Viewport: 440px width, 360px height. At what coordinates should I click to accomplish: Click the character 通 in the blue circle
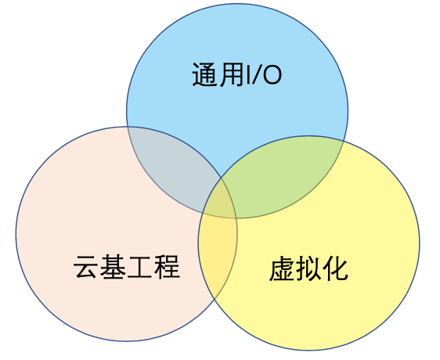point(204,74)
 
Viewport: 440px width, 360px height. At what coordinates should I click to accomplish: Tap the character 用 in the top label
point(231,74)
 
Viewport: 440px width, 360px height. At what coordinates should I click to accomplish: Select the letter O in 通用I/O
point(272,75)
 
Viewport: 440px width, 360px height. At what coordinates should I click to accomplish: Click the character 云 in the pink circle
point(86,267)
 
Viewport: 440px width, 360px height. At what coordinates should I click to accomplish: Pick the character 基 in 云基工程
point(113,267)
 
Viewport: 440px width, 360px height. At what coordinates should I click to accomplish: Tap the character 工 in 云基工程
point(139,267)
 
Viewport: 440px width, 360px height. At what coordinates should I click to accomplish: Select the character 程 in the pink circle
point(167,267)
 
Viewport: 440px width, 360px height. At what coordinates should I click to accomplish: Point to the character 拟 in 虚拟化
point(308,268)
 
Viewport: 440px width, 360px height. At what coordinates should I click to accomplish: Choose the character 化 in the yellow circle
point(335,268)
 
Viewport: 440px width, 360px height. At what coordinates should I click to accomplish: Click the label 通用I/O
point(237,74)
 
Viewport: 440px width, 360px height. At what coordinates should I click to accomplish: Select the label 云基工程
point(127,267)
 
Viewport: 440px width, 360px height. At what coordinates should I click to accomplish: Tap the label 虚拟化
point(308,268)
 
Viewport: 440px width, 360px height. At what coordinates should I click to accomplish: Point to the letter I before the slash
point(247,75)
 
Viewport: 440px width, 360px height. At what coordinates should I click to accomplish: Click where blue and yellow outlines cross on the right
point(344,141)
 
